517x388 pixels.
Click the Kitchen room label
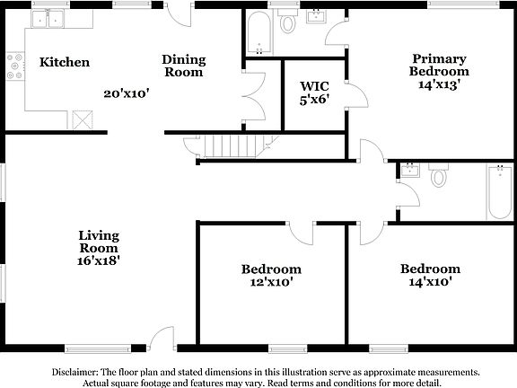click(64, 62)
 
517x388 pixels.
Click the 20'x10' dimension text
click(125, 93)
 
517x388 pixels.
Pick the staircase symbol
click(228, 146)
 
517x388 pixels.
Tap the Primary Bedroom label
click(438, 64)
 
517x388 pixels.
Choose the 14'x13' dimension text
click(438, 85)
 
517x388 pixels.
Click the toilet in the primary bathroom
click(288, 22)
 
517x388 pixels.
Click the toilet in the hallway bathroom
click(439, 175)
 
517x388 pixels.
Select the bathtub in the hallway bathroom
click(500, 192)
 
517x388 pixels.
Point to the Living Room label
click(99, 242)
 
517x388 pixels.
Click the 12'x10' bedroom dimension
click(270, 282)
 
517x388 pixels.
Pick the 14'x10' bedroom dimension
click(430, 282)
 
